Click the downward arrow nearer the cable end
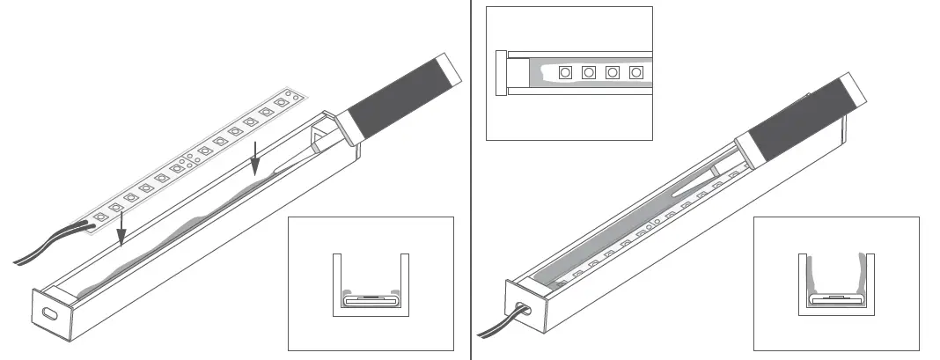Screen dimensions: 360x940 coord(121,224)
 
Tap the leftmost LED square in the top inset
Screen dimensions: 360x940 coord(565,72)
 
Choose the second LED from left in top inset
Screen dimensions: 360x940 coord(589,72)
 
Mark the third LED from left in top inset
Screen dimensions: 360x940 coord(613,72)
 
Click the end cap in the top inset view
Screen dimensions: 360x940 coord(502,72)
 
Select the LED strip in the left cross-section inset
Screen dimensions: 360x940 coord(371,299)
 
